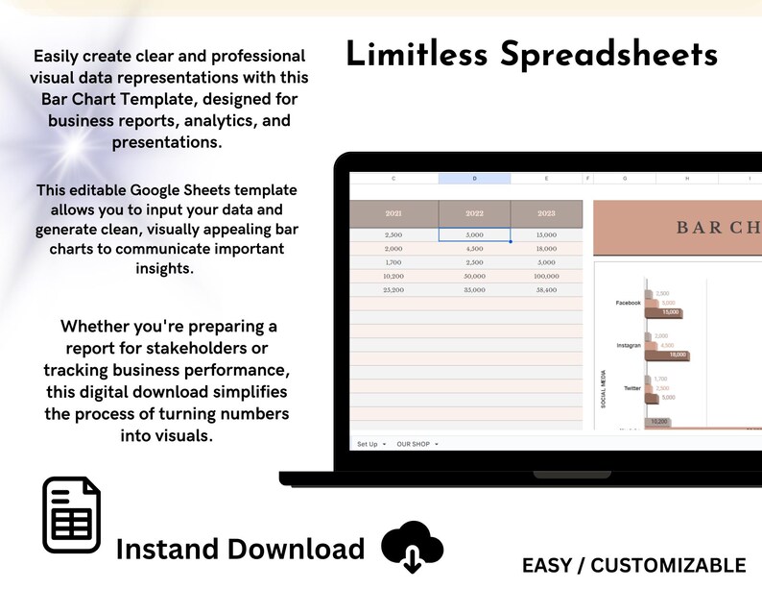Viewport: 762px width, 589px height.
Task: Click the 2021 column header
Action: (393, 214)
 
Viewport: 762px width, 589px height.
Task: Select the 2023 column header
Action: (546, 214)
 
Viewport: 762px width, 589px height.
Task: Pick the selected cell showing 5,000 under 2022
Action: (474, 234)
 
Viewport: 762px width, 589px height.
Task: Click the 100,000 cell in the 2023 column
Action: (546, 275)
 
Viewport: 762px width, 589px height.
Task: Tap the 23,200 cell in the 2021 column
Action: (393, 288)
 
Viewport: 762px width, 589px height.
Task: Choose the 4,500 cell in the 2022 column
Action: (474, 248)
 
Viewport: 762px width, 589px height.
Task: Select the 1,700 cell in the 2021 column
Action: (393, 261)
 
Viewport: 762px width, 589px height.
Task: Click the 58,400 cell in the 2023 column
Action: (546, 288)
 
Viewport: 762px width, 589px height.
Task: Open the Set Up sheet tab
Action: (369, 444)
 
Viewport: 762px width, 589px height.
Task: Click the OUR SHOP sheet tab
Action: (415, 444)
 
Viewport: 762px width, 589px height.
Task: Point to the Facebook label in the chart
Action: (628, 303)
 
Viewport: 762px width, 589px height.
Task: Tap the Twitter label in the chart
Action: (631, 387)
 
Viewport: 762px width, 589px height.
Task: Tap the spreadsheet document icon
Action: (72, 516)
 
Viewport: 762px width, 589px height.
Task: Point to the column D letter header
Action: (474, 179)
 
